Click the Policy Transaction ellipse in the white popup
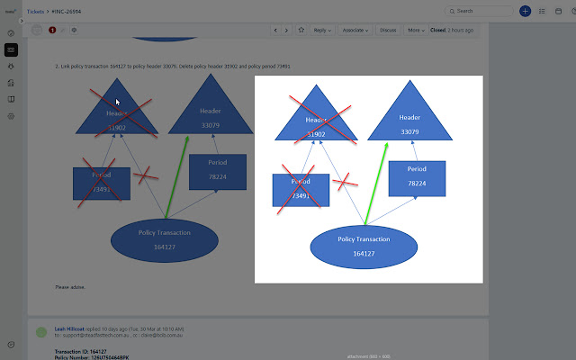pos(364,246)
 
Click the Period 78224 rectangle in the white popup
pos(417,176)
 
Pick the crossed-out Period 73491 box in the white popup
pos(301,188)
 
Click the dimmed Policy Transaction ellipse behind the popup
pos(164,238)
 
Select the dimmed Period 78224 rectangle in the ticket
pos(217,170)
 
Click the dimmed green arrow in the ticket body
pos(177,176)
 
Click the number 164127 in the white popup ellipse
pos(364,254)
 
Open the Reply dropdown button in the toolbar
pos(321,30)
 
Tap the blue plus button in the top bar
pos(526,11)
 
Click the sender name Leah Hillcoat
pos(70,329)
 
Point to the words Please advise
pos(68,286)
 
